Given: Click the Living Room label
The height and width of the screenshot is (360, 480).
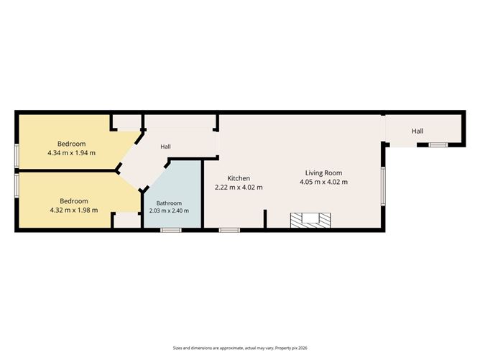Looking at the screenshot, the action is [x=323, y=173].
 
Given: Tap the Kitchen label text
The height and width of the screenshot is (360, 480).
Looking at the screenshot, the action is [x=239, y=178].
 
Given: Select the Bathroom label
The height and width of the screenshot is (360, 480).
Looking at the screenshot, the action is [x=169, y=203].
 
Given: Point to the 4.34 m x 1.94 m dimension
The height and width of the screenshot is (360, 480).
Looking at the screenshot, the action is [x=71, y=153].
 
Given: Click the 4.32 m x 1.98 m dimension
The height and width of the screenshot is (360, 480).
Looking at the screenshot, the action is [x=74, y=211].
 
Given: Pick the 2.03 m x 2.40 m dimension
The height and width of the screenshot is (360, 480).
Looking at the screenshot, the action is [x=169, y=211].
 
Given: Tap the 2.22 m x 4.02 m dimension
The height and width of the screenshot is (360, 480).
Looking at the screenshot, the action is [x=239, y=188].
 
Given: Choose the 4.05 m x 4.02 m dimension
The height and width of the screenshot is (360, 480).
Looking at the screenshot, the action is [x=323, y=182].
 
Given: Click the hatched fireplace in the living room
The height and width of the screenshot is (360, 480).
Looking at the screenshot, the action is [x=310, y=221].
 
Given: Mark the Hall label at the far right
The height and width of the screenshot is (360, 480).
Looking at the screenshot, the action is [x=417, y=131].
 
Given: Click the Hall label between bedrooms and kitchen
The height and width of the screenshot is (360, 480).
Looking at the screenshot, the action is [x=165, y=147].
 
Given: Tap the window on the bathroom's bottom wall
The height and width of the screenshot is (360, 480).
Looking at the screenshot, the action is [x=171, y=230].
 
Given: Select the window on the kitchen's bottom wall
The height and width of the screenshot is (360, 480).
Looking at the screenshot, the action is [x=229, y=230].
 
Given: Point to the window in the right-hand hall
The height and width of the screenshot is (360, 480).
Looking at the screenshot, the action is [x=438, y=145].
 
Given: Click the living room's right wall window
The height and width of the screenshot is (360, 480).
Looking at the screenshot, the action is [x=383, y=186].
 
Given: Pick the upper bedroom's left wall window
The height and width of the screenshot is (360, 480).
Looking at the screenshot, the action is [x=17, y=155].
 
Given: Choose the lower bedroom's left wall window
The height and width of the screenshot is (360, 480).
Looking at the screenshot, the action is [x=17, y=185].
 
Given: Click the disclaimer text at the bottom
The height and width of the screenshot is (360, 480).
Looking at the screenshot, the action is [x=240, y=348].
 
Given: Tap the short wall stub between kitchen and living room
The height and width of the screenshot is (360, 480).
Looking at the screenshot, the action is [x=265, y=218].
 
